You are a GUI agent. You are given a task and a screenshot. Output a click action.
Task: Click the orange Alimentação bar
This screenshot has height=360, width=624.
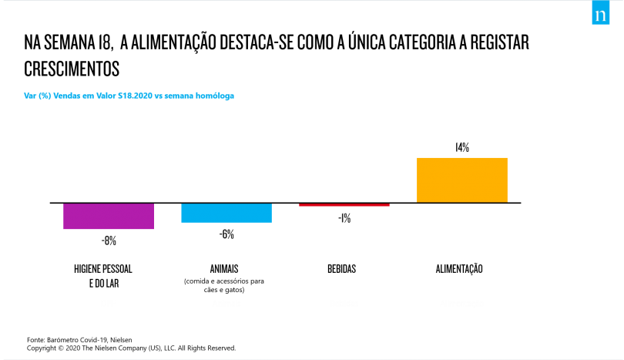point(462,180)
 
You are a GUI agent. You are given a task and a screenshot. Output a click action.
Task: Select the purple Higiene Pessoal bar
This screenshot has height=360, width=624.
point(109,216)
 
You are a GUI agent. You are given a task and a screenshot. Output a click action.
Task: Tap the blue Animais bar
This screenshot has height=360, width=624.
point(226,213)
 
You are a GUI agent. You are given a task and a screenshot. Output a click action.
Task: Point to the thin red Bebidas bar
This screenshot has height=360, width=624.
point(344,205)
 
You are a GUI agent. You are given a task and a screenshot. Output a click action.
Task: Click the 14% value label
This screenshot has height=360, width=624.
point(462,148)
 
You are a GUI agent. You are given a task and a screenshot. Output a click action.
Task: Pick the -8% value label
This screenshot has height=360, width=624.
point(109,241)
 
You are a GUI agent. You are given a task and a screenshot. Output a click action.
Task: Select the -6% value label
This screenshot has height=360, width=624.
point(226,234)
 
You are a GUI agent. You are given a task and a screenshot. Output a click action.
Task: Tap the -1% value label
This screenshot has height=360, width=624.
point(344,218)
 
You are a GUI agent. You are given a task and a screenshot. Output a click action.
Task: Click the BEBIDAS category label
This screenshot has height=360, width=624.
point(342,269)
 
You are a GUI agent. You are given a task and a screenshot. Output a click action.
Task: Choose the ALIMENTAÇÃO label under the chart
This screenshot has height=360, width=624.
point(459,269)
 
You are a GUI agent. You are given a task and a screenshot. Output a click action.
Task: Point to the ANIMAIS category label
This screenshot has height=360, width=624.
point(224,269)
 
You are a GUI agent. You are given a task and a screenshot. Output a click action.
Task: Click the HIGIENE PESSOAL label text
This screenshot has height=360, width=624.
point(103,269)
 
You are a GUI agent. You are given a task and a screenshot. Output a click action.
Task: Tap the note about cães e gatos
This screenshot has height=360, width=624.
point(224,285)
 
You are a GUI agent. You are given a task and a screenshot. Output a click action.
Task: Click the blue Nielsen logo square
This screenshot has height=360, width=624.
point(601,12)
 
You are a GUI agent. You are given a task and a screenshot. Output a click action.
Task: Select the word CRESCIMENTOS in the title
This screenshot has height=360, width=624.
point(72,69)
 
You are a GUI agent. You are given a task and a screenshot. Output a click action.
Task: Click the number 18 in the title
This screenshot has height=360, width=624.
point(104,42)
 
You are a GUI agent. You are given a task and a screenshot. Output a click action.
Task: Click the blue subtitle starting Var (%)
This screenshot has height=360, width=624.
point(129,96)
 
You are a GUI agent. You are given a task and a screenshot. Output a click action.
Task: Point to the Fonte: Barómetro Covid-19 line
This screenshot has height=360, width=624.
point(79,340)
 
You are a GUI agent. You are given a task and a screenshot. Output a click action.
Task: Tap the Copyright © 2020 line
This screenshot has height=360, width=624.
point(131,348)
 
